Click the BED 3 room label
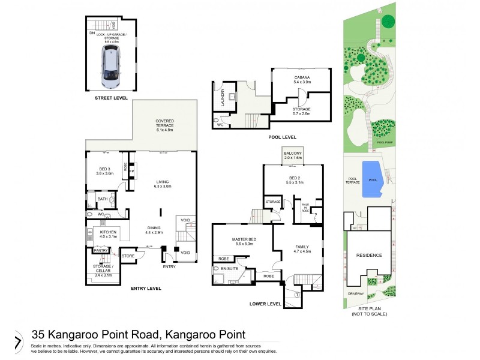[x=105, y=169]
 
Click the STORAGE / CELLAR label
[x=103, y=266]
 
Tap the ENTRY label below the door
[x=169, y=266]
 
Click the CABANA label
[x=302, y=77]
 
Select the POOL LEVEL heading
[x=282, y=137]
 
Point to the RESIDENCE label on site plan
[x=368, y=255]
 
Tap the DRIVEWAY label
[x=356, y=293]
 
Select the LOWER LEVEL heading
[x=265, y=304]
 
